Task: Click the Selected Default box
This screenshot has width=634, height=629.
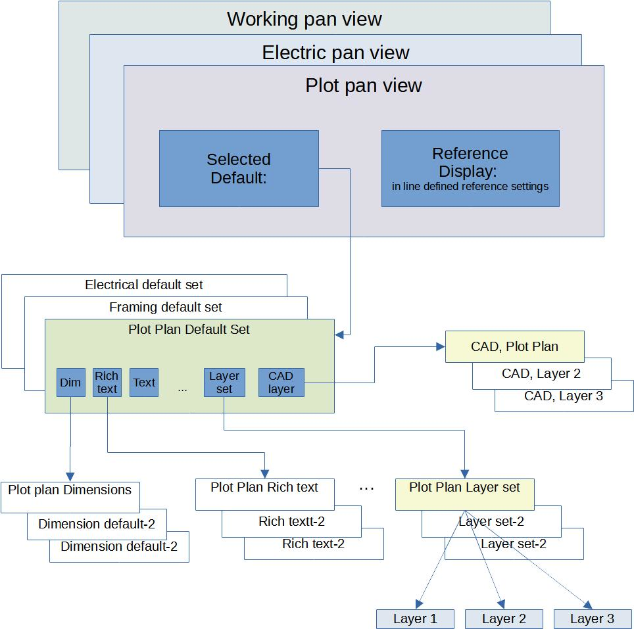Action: coord(239,168)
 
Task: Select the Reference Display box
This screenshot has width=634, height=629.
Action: coord(470,168)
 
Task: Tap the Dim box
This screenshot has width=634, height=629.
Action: coord(71,382)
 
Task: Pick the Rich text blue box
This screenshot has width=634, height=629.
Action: coord(107,382)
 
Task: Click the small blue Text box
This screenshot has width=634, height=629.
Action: coord(144,382)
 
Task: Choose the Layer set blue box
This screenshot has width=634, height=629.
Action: coord(224,382)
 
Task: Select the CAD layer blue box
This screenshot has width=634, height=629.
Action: coord(281,382)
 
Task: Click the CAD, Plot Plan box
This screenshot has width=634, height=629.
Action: coord(515,346)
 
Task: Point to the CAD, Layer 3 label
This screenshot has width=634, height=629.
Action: coord(563,396)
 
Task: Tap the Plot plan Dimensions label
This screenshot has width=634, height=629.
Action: coord(70,490)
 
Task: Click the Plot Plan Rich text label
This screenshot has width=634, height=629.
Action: coord(264,487)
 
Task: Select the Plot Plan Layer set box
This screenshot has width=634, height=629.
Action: coord(464,494)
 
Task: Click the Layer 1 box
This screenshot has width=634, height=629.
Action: coord(415,619)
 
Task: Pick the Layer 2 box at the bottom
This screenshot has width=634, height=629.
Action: coord(504,619)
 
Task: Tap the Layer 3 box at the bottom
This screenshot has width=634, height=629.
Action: coord(593,619)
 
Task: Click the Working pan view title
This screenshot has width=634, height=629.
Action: coord(304,19)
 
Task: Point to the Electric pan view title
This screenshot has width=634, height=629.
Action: coord(335,53)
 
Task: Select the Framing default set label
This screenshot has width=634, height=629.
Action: coord(165,307)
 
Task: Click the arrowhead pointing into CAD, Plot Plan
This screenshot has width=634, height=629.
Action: coord(441,346)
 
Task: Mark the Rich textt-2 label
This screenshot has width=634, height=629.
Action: coord(291,521)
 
